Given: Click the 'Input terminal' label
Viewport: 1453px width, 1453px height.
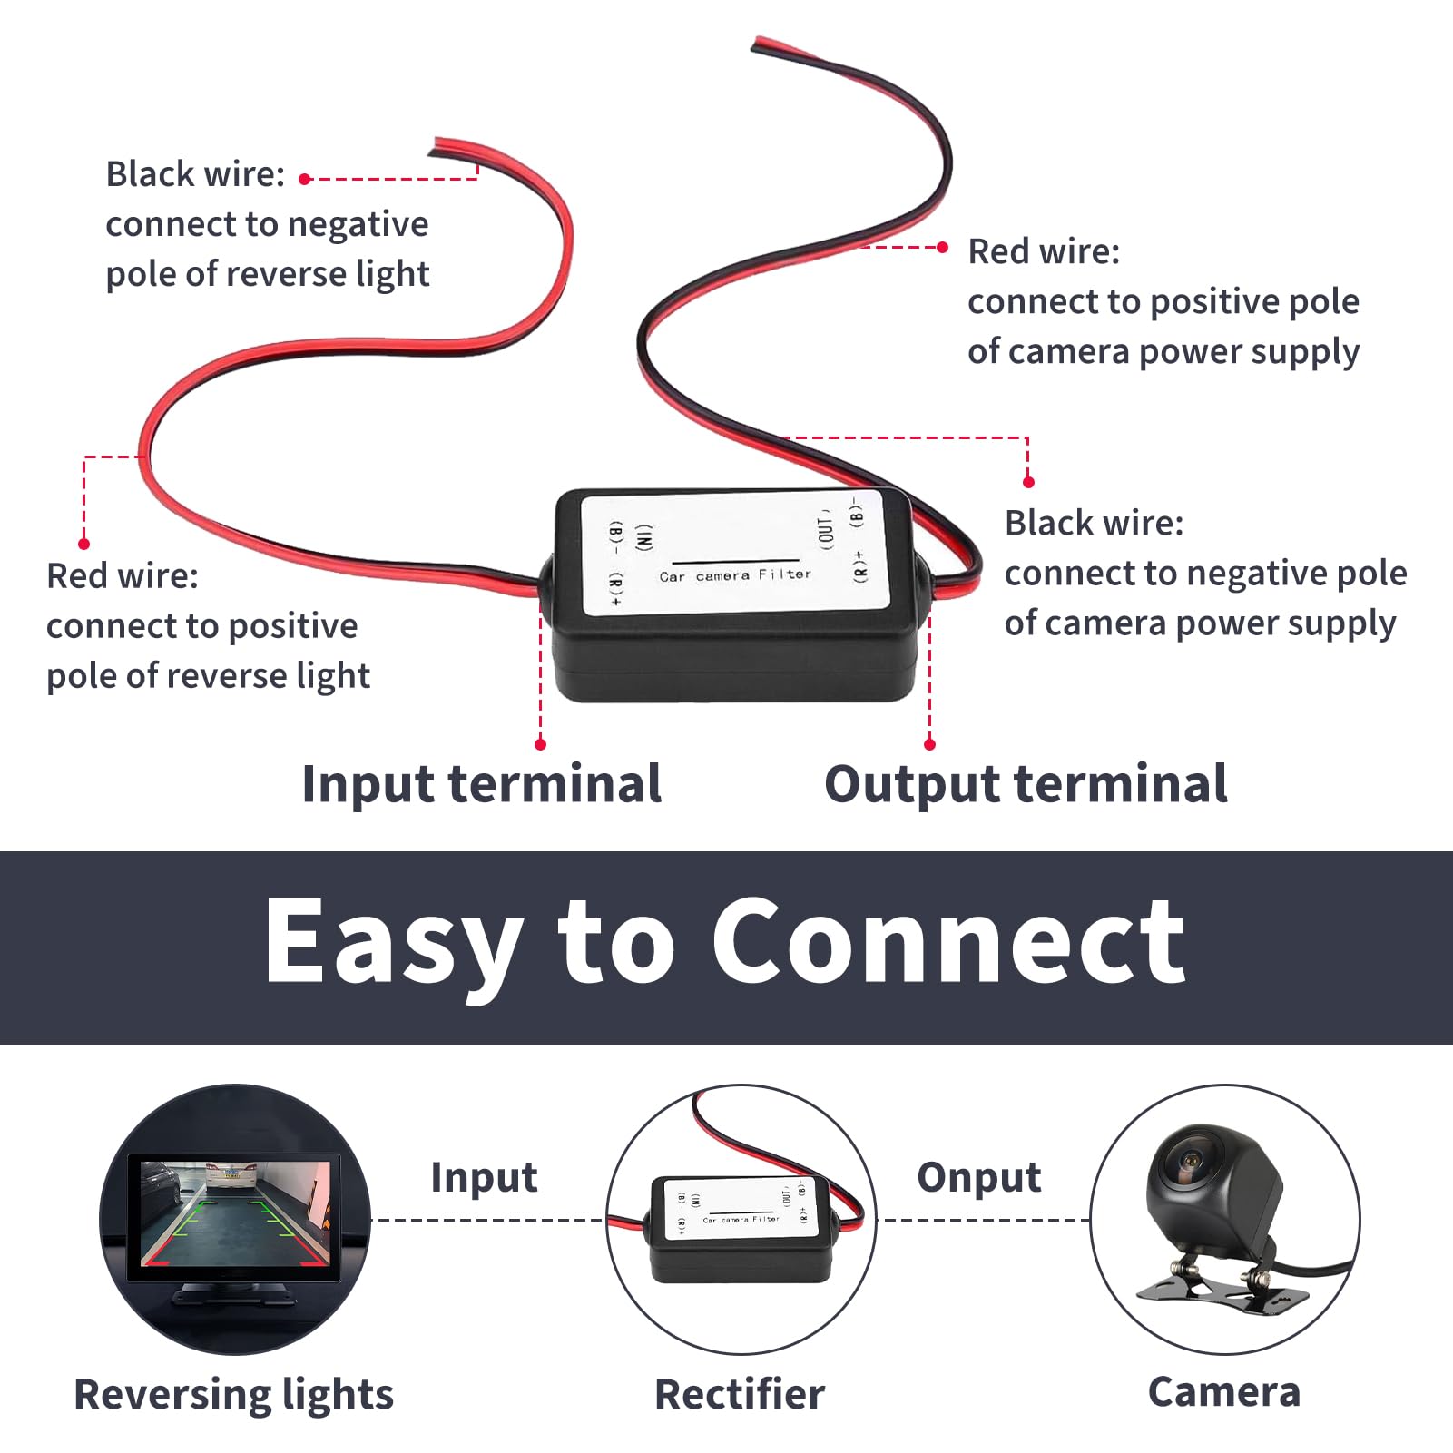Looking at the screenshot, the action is tap(481, 784).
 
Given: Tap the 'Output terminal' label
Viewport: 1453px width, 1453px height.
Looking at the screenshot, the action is tap(1026, 784).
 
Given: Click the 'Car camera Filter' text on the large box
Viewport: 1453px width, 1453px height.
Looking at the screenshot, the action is tap(735, 575).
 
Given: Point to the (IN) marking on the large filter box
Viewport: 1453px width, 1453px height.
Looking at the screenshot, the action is tap(643, 536).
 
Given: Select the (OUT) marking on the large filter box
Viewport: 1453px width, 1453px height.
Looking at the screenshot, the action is tap(825, 527).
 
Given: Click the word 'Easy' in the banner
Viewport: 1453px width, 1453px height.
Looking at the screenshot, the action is tap(394, 942).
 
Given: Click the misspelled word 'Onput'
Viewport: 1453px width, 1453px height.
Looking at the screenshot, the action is tap(978, 1177).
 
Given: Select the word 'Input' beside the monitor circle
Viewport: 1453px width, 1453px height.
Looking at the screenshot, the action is tap(484, 1177).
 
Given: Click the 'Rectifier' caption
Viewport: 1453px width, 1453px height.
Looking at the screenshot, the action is tap(740, 1394).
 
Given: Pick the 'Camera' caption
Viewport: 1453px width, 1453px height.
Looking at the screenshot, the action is tap(1223, 1391).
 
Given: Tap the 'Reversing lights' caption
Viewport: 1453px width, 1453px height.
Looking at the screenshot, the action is tap(233, 1394).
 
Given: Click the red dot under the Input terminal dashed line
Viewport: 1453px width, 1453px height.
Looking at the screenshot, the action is tap(540, 744).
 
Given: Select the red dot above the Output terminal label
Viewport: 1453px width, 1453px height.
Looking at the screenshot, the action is tap(929, 744).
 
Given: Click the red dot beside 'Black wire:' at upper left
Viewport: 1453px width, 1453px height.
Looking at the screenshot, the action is tap(305, 180).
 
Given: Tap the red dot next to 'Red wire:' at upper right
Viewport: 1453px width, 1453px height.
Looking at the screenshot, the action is tap(942, 247).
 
